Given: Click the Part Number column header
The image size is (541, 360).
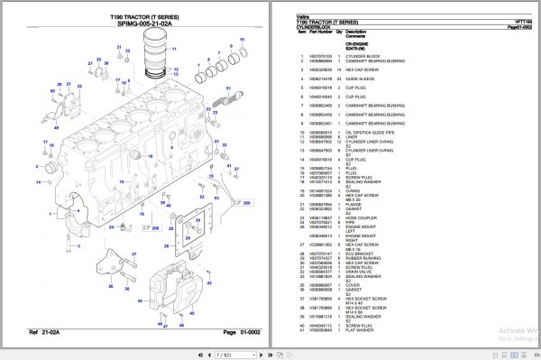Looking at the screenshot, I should coord(320,34).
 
